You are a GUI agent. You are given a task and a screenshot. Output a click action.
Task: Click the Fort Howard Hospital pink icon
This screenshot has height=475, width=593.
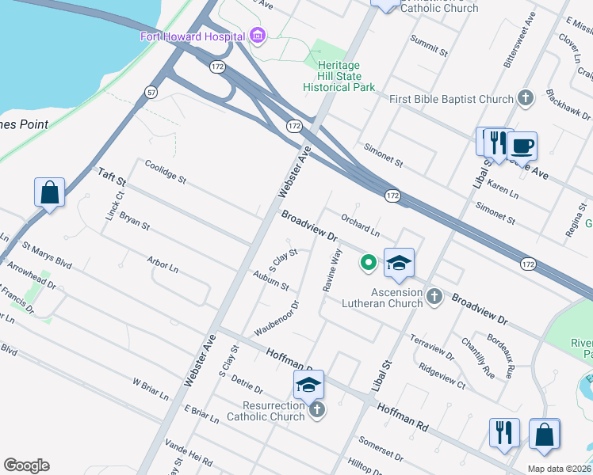pyautogui.click(x=257, y=36)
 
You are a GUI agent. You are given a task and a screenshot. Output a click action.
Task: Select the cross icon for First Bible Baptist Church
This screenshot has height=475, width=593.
pyautogui.click(x=525, y=99)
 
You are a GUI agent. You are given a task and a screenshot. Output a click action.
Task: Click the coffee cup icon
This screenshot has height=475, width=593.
pyautogui.click(x=521, y=146)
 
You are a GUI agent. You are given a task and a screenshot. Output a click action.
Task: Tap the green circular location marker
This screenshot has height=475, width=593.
pyautogui.click(x=368, y=262)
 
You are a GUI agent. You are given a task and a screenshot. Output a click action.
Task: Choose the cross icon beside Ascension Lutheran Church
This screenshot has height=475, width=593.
pyautogui.click(x=434, y=297)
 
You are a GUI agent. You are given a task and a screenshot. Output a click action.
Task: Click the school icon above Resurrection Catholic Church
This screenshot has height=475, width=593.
pyautogui.click(x=308, y=385)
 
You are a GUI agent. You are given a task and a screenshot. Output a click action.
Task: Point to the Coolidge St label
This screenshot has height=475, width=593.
pyautogui.click(x=165, y=172)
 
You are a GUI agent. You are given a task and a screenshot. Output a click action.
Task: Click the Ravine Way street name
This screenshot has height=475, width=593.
pyautogui.click(x=331, y=271)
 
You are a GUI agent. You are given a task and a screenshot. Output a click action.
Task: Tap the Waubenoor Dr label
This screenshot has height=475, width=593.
pyautogui.click(x=276, y=317)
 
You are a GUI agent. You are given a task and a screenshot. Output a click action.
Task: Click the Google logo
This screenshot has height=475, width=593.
pyautogui.click(x=26, y=465)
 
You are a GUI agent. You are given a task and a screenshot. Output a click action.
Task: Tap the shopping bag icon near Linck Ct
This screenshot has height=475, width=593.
pyautogui.click(x=49, y=192)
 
